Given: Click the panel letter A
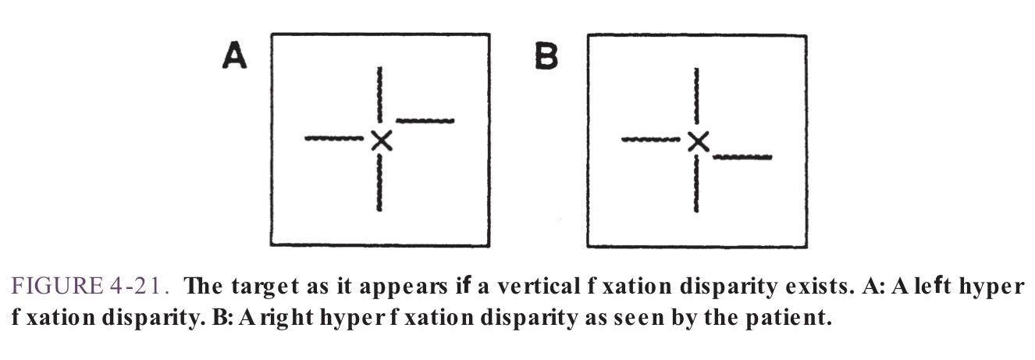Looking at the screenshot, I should (x=235, y=56).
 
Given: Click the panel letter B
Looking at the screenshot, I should (x=546, y=56).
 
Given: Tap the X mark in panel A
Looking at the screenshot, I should (x=380, y=140).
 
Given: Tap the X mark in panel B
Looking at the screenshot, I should (x=698, y=141).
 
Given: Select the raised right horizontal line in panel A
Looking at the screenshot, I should (x=425, y=120).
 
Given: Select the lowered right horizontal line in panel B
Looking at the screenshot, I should (x=743, y=157).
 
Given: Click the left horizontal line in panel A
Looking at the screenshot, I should (x=334, y=139).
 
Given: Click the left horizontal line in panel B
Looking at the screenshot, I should (x=651, y=140).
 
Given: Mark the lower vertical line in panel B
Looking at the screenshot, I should (x=696, y=183).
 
